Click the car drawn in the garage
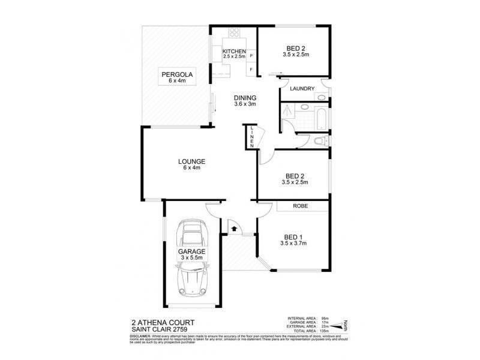193,259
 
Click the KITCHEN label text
234,52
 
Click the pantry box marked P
251,56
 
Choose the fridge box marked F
251,70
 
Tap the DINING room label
245,98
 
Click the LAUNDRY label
302,89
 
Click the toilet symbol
320,142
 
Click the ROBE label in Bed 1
301,206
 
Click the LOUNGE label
192,161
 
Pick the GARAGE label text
191,251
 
